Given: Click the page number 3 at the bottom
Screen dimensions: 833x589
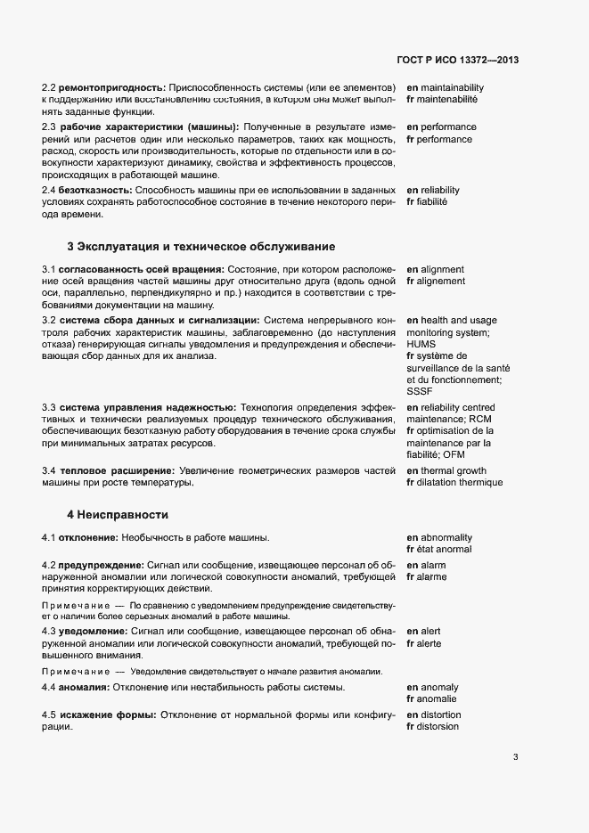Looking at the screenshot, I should coord(515,757).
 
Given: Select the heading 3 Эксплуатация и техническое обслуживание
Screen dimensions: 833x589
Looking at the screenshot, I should coord(200,246).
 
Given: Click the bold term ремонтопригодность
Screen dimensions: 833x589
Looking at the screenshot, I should coord(112,87).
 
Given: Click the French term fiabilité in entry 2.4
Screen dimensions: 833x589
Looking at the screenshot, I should coord(433,202).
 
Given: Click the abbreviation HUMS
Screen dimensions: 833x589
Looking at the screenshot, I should coord(422,343).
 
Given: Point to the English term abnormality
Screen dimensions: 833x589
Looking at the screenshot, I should coord(446,537).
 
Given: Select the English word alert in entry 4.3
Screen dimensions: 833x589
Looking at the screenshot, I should coord(431,631).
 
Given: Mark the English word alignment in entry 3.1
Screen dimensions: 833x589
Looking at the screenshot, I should coord(443,269).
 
